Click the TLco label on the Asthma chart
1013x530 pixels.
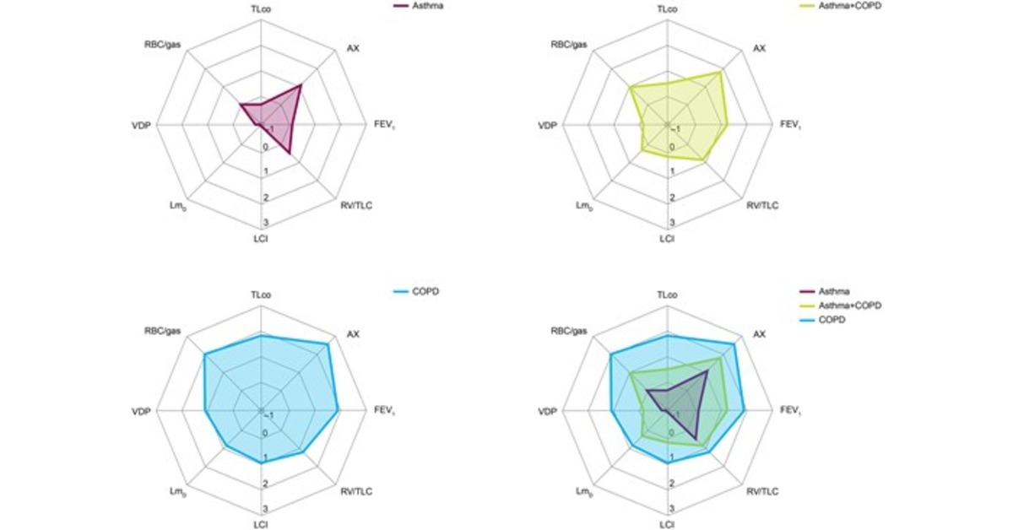click(x=261, y=9)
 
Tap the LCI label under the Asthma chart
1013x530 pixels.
click(x=261, y=240)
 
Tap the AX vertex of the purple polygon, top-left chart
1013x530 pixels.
click(x=301, y=85)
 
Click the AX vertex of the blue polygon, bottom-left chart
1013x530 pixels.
click(x=328, y=344)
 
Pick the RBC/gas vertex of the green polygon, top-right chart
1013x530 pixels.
click(x=630, y=87)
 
